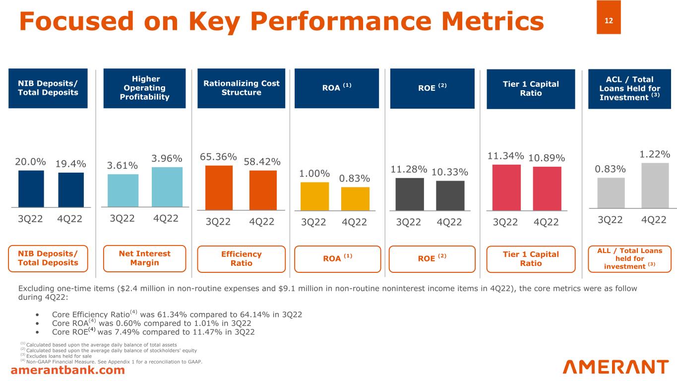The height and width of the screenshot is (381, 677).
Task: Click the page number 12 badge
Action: coord(609,21)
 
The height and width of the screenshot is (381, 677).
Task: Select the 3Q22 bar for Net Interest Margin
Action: coord(123,190)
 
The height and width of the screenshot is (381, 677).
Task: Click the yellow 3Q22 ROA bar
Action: coord(314,196)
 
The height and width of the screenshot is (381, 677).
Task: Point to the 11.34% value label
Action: coord(505,156)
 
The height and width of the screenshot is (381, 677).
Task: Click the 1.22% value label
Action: coord(655,154)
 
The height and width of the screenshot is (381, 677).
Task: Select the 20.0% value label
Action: coord(31,162)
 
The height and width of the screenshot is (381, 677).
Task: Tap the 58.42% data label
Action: coord(262,162)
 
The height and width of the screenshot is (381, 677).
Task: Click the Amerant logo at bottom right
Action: coord(615,367)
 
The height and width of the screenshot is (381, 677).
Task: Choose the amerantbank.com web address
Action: coord(68,370)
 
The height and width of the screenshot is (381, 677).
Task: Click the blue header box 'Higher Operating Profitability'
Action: coord(144,88)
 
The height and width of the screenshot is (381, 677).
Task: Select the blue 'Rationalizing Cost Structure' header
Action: coord(241,88)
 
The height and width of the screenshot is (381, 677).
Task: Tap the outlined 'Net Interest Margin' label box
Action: coord(144,258)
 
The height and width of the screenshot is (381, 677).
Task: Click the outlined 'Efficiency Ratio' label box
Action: coord(241,259)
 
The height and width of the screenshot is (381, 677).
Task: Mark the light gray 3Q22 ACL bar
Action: coord(611,192)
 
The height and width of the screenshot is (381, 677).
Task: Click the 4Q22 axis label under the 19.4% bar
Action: coord(70,219)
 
